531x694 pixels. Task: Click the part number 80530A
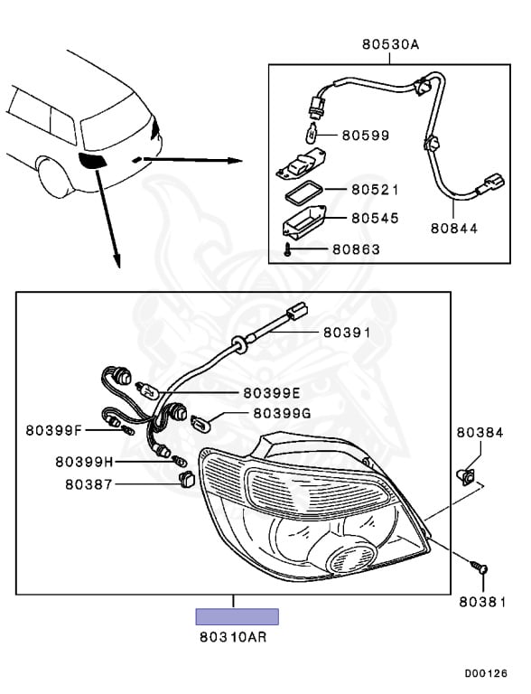point(390,44)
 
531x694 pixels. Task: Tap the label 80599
point(366,135)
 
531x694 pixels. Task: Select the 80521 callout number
point(375,190)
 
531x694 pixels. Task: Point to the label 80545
point(375,218)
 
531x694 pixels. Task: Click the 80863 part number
point(356,249)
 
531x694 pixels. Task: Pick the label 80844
point(454,229)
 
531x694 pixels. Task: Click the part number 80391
point(347,333)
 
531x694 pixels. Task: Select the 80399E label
point(272,392)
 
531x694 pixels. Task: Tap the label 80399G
point(282,413)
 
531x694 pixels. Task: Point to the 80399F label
point(54,430)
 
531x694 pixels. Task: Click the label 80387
point(88,484)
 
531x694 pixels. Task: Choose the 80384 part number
point(480,433)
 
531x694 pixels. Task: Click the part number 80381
point(482,602)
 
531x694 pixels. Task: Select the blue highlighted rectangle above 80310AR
point(238,616)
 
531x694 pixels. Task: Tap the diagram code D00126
point(486,673)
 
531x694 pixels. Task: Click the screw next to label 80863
point(287,250)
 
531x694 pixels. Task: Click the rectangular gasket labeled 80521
point(304,195)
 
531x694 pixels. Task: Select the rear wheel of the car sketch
point(55,176)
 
